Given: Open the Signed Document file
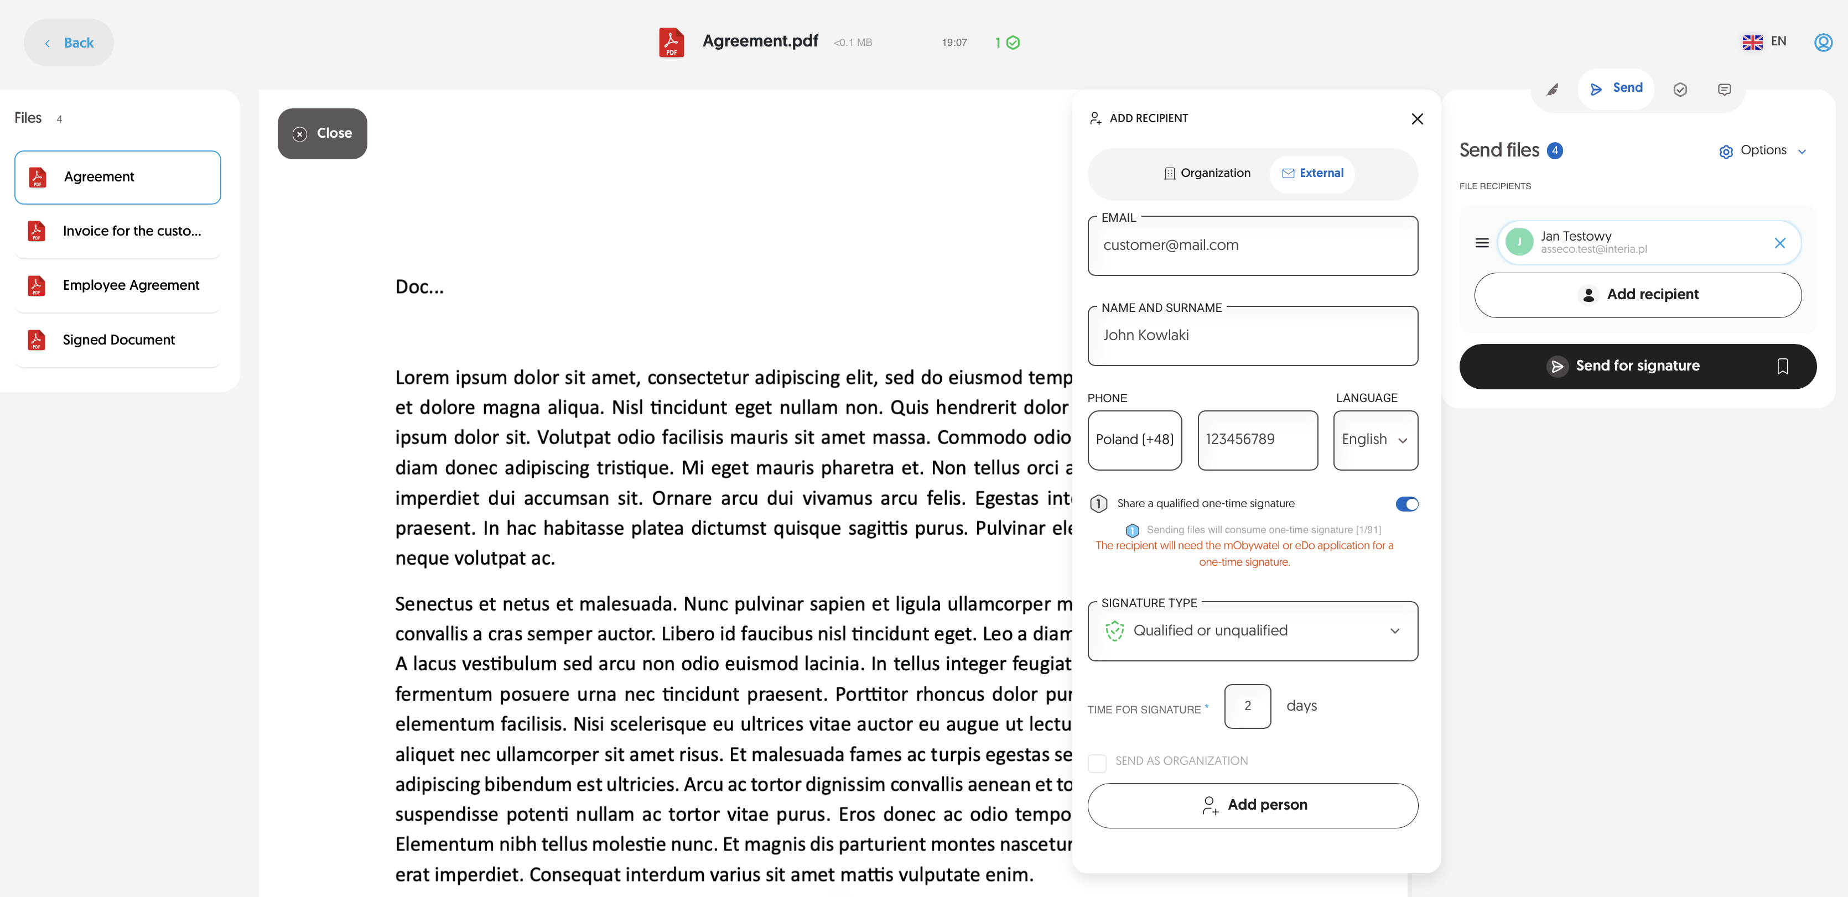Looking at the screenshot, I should pyautogui.click(x=118, y=340).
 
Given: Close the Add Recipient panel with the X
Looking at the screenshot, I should pyautogui.click(x=1417, y=119).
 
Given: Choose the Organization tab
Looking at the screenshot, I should pyautogui.click(x=1207, y=174).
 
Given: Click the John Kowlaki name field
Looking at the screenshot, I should pyautogui.click(x=1252, y=336).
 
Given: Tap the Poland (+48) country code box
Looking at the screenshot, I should pyautogui.click(x=1134, y=440).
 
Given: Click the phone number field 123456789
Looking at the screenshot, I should pyautogui.click(x=1257, y=440).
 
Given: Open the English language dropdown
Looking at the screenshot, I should pyautogui.click(x=1374, y=440).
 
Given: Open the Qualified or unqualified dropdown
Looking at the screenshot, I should pyautogui.click(x=1252, y=631).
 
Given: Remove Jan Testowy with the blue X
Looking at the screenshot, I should pyautogui.click(x=1779, y=243).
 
